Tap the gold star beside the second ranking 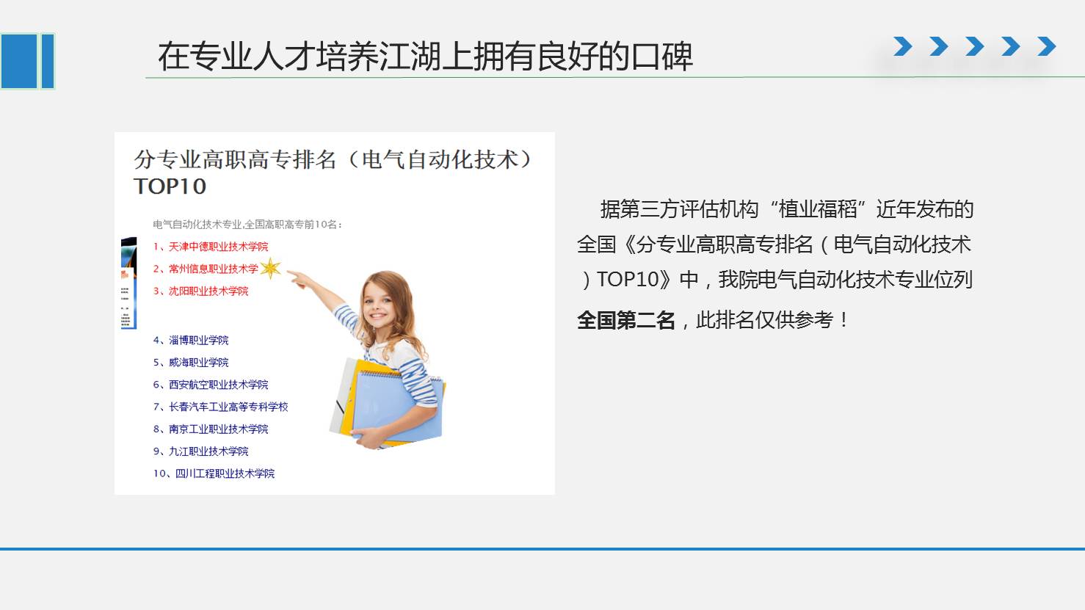(270, 268)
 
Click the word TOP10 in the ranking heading (170, 186)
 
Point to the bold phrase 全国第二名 (625, 320)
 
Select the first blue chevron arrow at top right (903, 46)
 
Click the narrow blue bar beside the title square (48, 61)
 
